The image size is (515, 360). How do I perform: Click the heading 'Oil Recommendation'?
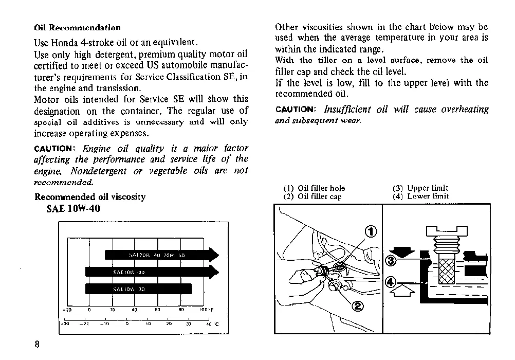77,28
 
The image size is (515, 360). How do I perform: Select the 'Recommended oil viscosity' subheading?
90,197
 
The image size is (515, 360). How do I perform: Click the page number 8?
37,345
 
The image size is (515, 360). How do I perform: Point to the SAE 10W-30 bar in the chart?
138,289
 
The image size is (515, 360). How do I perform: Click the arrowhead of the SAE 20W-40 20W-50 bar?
213,255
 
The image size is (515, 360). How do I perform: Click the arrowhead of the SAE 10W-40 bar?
213,272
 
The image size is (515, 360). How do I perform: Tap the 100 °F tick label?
206,310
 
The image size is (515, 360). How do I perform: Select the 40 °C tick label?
212,324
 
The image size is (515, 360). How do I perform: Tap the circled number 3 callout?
391,261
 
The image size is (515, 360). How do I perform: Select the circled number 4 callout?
391,281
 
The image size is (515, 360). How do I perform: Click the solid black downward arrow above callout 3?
401,251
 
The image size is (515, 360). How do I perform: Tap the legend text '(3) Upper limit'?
420,188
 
